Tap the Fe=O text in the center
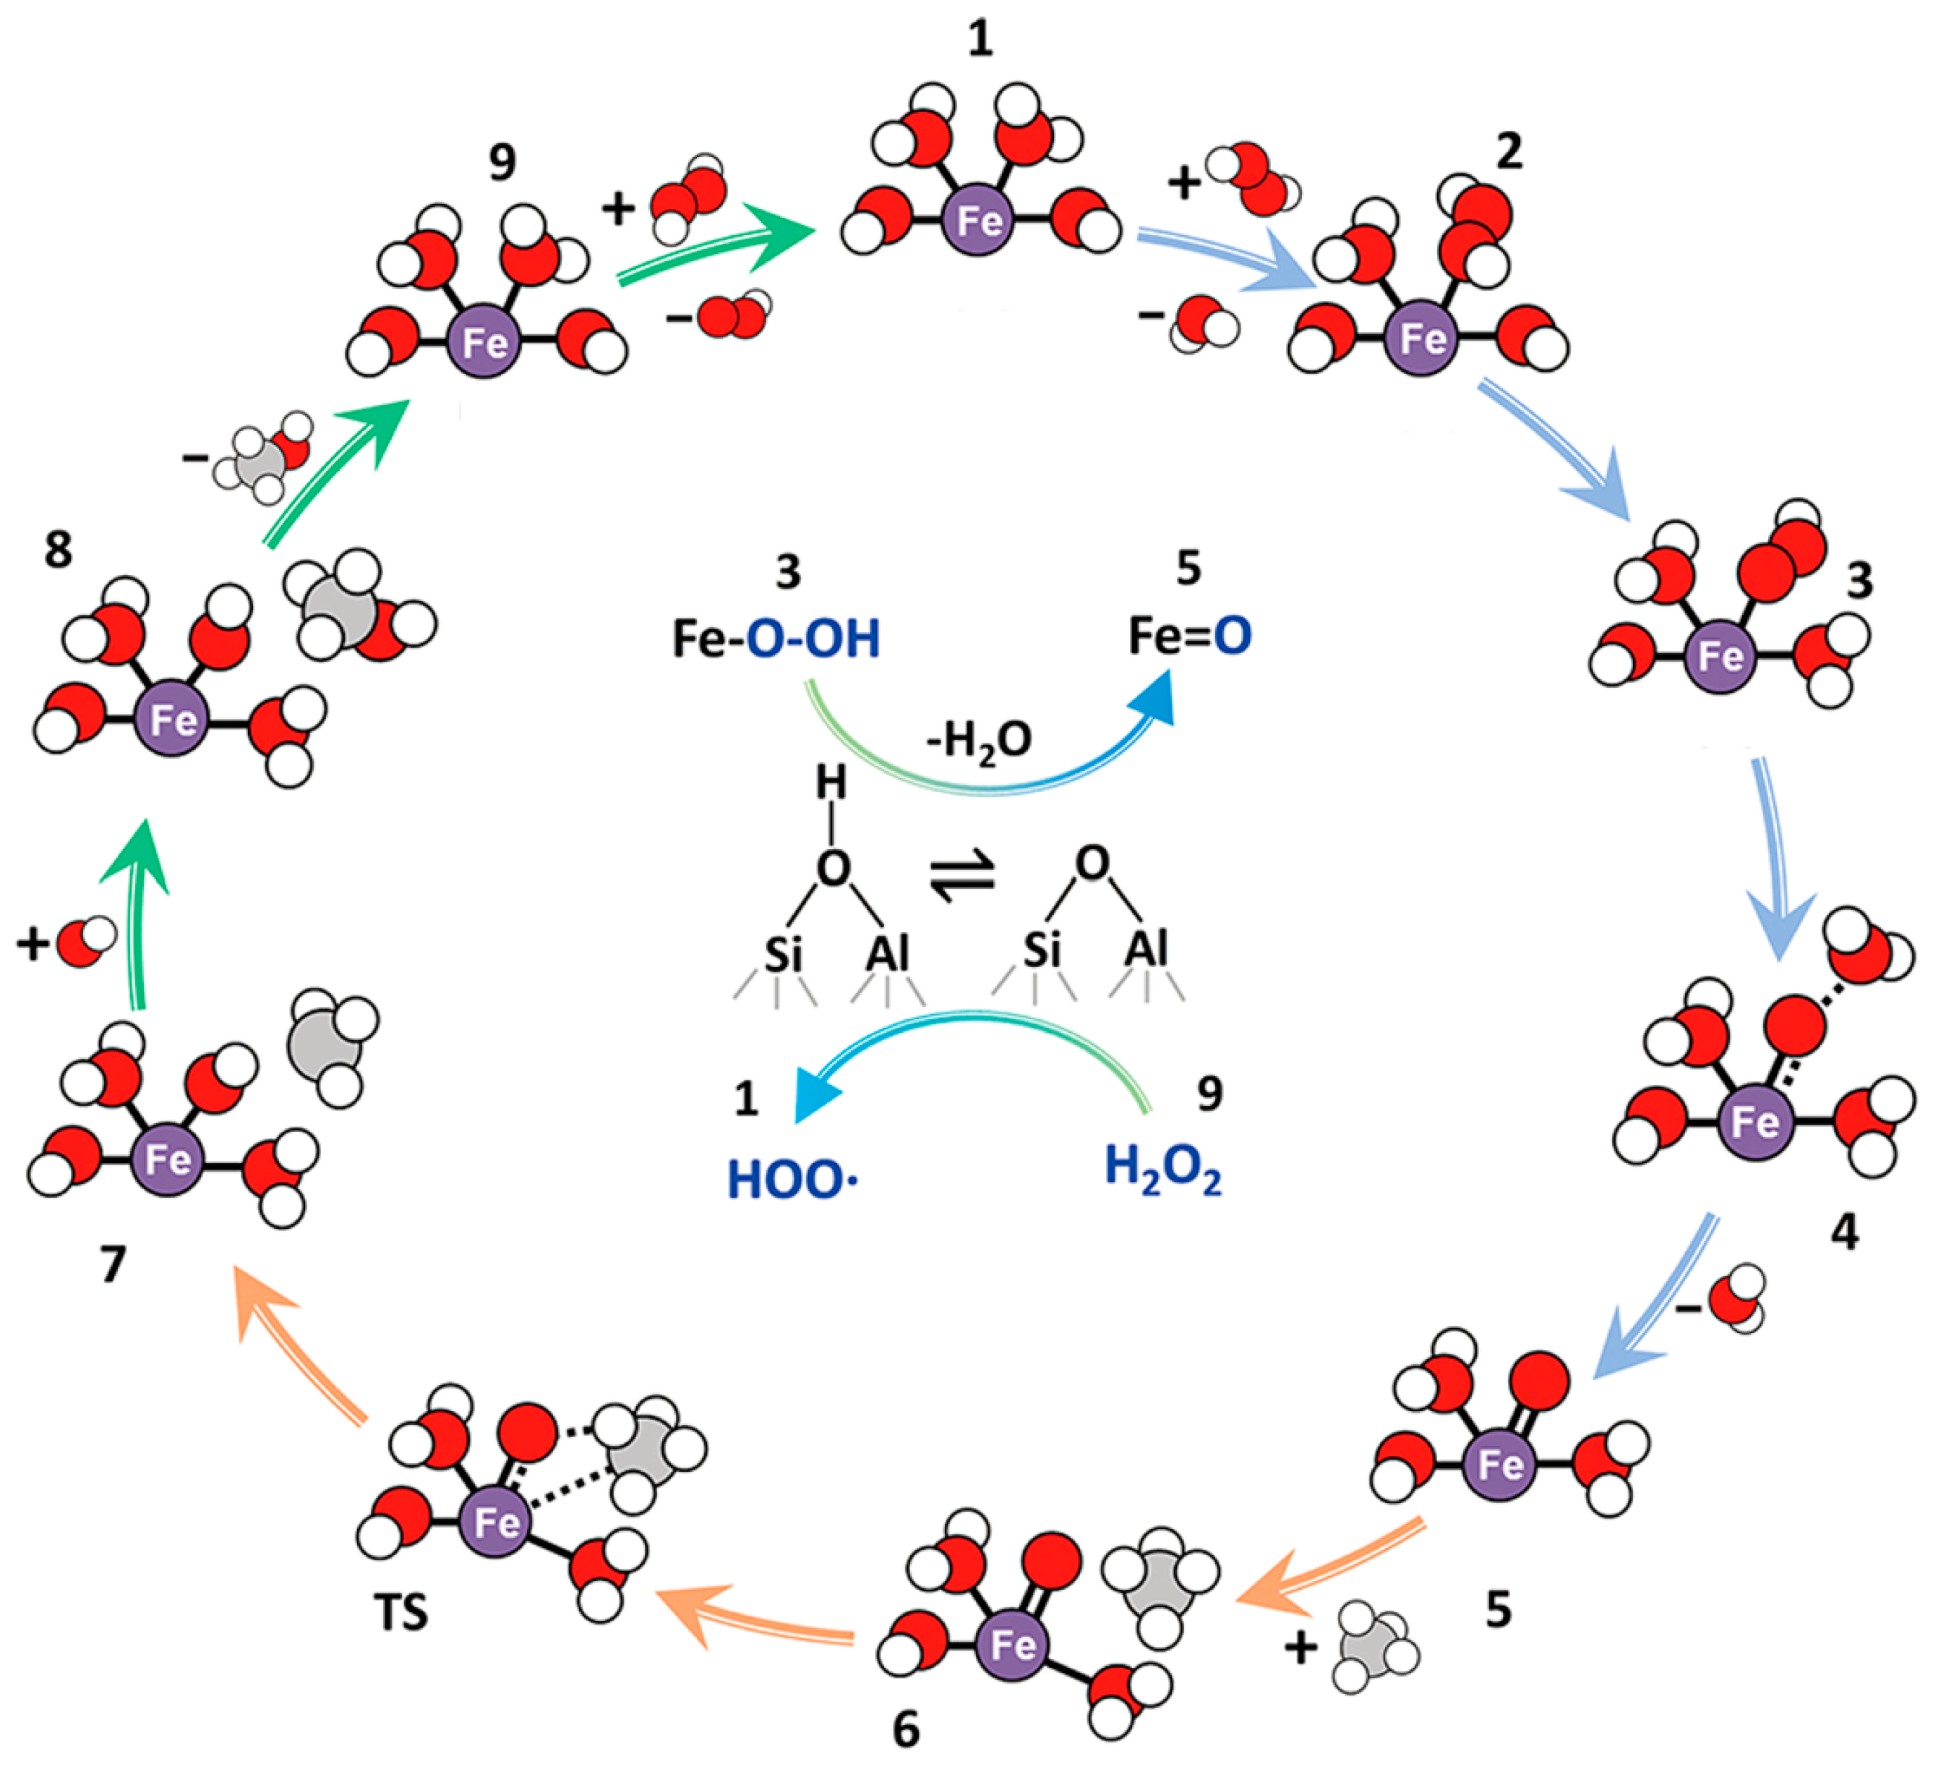coord(1189,636)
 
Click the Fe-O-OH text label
coord(776,639)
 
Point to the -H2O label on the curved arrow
coord(978,741)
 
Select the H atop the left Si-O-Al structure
coord(831,784)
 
